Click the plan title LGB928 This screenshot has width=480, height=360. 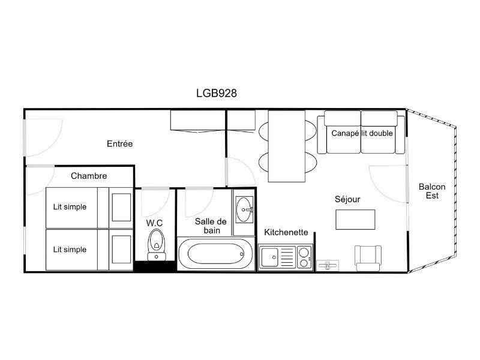tap(217, 93)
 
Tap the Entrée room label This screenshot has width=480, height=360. tap(119, 143)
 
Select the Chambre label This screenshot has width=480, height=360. tap(89, 176)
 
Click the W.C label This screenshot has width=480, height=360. tap(154, 223)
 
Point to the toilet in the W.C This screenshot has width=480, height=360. tap(157, 245)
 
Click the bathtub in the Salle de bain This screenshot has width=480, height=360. tap(215, 254)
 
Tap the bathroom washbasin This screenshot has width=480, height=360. tap(244, 209)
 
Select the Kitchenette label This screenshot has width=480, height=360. tap(286, 232)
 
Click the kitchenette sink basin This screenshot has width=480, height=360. tap(269, 257)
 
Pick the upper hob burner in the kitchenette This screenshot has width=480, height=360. tap(304, 253)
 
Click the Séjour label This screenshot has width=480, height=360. tap(347, 199)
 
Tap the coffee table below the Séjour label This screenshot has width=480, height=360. tap(355, 220)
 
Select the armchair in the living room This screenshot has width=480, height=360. tap(368, 258)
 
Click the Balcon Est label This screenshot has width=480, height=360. tap(432, 191)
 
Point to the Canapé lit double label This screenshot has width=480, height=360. tap(362, 133)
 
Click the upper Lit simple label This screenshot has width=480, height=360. tap(70, 207)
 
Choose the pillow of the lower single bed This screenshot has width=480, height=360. tap(122, 250)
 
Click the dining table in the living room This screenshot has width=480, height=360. tap(287, 146)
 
